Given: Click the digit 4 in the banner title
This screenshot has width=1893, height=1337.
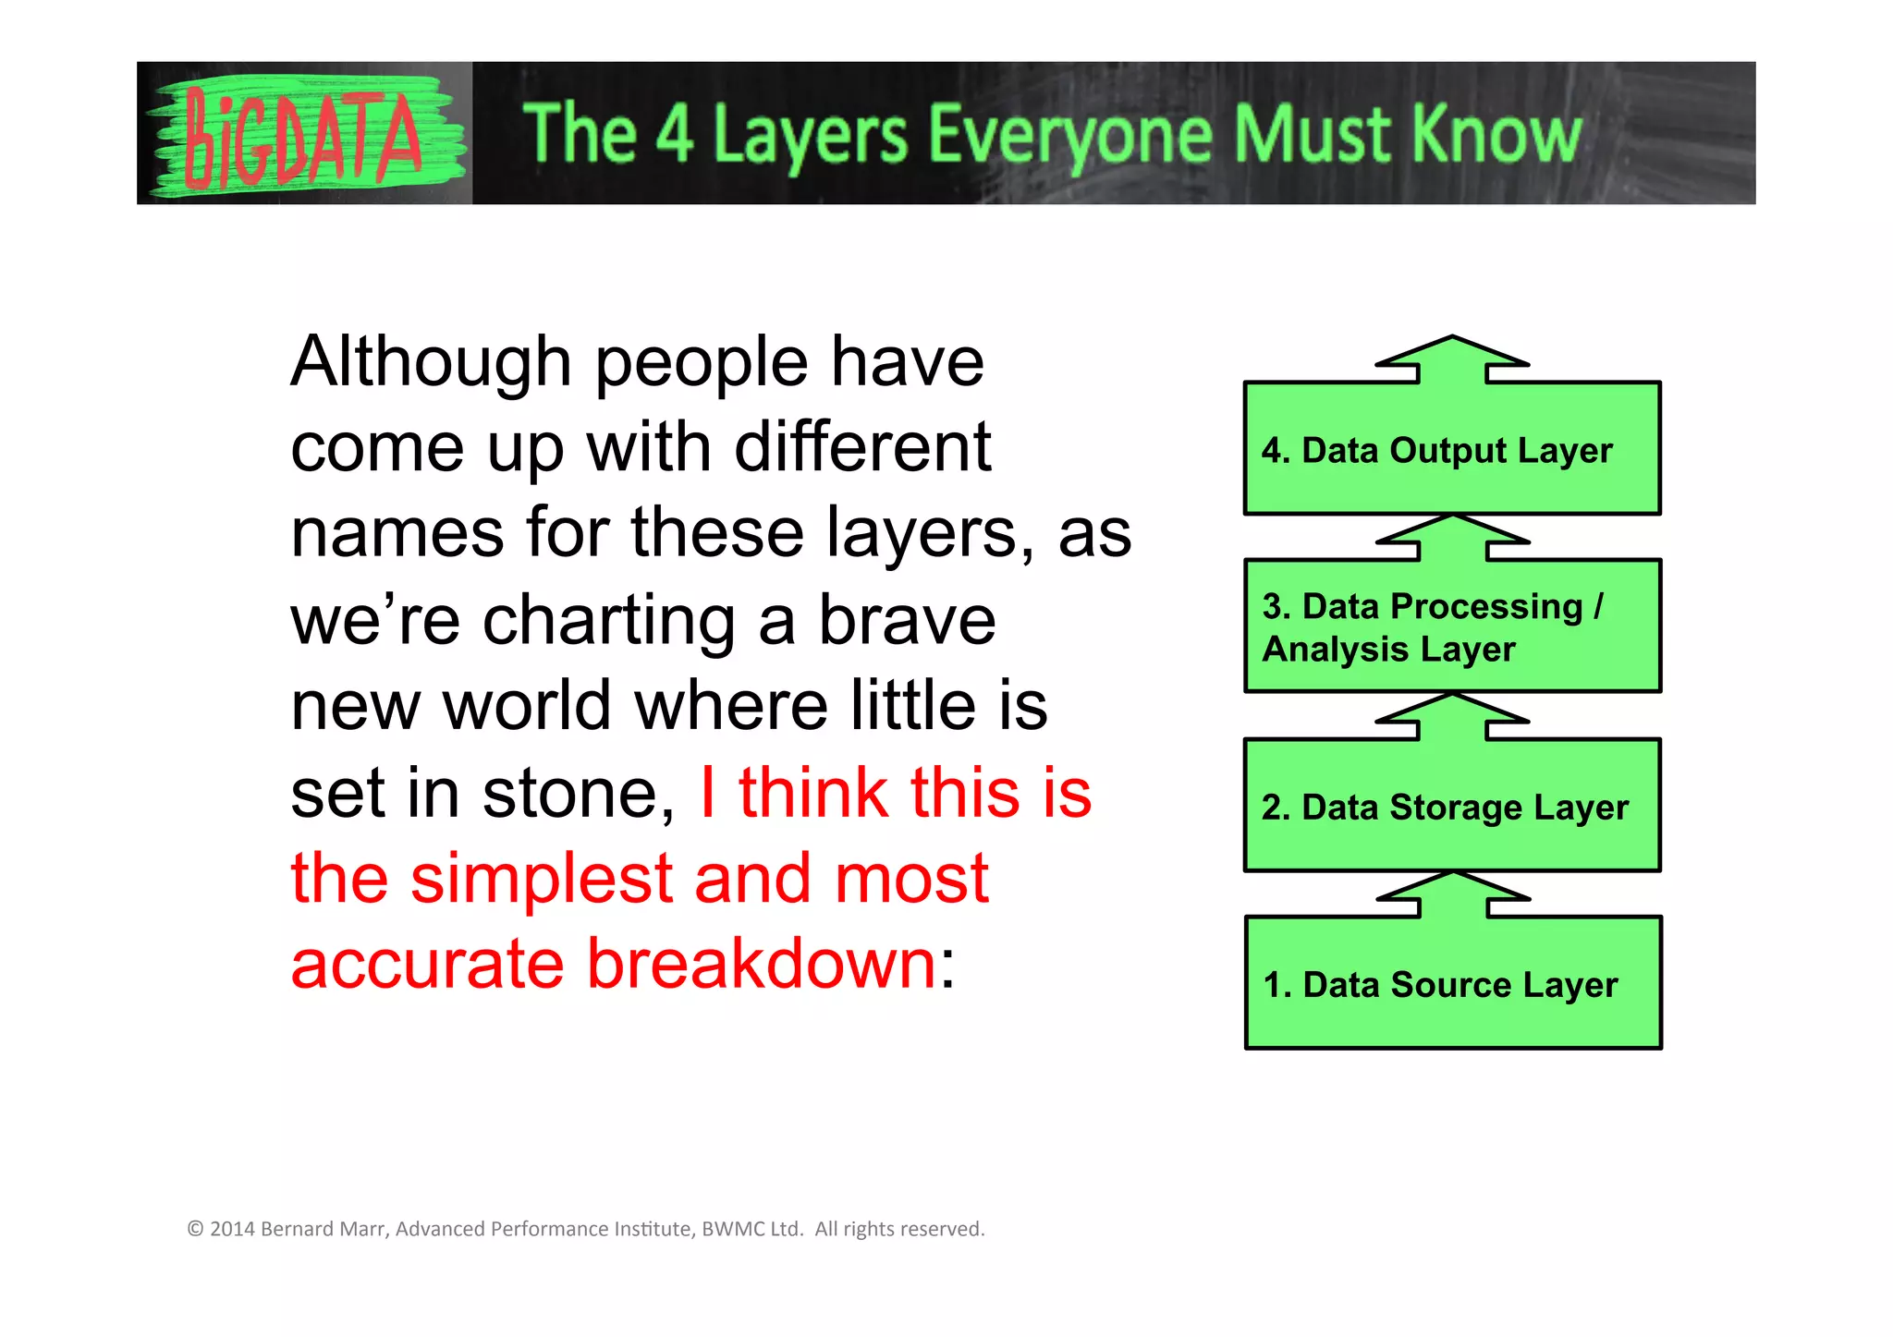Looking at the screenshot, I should pos(675,135).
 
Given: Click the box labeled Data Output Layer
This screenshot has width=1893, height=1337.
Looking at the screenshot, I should pos(1452,450).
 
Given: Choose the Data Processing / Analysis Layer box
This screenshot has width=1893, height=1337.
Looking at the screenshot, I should pos(1452,627).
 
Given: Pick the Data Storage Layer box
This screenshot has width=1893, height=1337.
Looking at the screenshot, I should pos(1452,807).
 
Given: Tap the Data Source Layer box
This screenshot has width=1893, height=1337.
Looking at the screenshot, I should pos(1452,984).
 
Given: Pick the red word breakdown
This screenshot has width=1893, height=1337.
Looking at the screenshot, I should pos(763,964).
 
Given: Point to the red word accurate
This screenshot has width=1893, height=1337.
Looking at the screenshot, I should pos(427,964).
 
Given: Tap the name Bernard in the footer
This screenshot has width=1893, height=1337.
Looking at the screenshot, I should pos(295,1229).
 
